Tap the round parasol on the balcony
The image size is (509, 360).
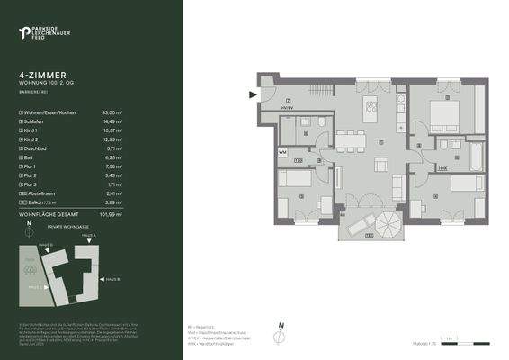point(391,221)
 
